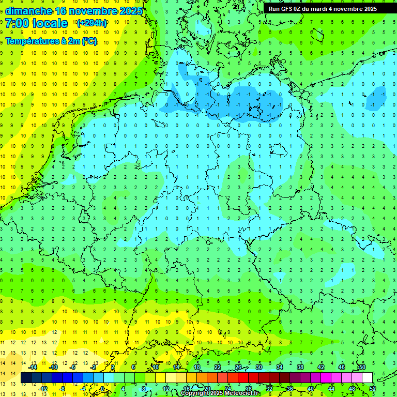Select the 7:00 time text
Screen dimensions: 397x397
(x=17, y=23)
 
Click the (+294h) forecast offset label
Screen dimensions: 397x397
(x=92, y=23)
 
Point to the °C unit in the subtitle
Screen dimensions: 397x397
(x=89, y=41)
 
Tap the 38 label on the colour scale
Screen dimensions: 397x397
(x=300, y=367)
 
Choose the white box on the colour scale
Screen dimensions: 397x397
(x=368, y=378)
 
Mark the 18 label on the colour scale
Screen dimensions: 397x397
(x=197, y=367)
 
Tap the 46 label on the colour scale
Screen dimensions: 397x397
(x=342, y=367)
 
